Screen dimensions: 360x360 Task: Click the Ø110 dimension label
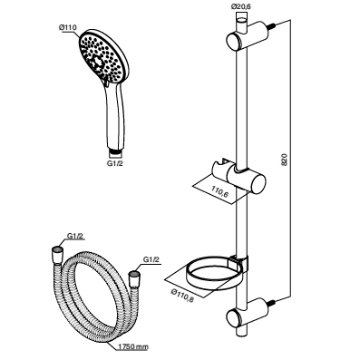pyautogui.click(x=68, y=27)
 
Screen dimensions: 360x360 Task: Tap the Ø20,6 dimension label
pyautogui.click(x=242, y=7)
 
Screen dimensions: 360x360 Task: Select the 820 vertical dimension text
pyautogui.click(x=285, y=159)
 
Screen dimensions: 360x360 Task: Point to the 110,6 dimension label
pyautogui.click(x=219, y=192)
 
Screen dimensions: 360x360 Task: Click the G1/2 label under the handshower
pyautogui.click(x=115, y=163)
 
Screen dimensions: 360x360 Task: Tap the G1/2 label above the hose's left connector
pyautogui.click(x=74, y=237)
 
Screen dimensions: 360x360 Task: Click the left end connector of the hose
pyautogui.click(x=57, y=255)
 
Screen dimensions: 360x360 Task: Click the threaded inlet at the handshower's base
pyautogui.click(x=115, y=151)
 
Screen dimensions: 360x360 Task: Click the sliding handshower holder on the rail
pyautogui.click(x=238, y=177)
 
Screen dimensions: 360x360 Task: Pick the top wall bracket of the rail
pyautogui.click(x=248, y=35)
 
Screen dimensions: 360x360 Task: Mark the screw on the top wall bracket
pyautogui.click(x=274, y=25)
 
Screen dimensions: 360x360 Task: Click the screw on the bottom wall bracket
pyautogui.click(x=274, y=302)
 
